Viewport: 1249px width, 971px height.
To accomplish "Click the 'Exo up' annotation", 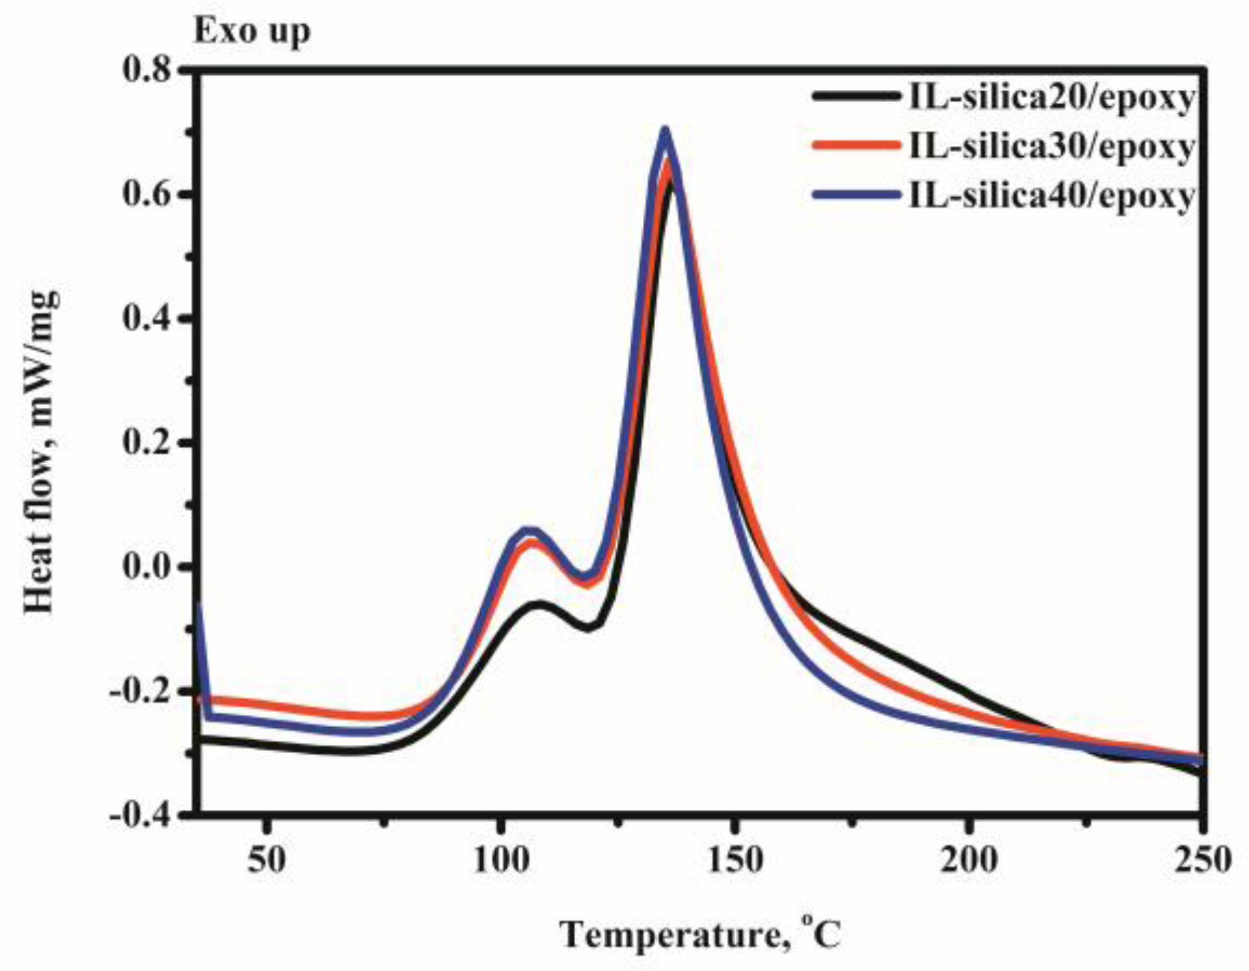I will (251, 32).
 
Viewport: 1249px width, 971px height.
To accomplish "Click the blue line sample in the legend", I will (856, 195).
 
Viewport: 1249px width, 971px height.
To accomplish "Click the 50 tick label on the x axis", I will (267, 860).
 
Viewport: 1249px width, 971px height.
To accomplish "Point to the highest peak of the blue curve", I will (665, 130).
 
